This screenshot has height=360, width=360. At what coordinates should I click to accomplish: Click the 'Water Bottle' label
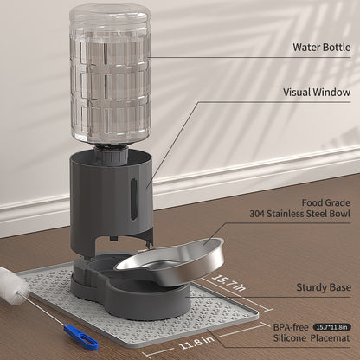322,47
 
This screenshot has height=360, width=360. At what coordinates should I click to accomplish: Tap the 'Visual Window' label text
317,93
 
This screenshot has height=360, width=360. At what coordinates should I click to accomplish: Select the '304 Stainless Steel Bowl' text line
300,214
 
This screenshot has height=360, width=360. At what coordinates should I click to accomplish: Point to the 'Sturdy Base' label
324,287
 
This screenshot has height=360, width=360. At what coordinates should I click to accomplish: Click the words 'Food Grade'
326,202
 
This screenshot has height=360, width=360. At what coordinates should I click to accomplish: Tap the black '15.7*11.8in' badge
332,327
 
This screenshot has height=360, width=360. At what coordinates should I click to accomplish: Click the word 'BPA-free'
291,327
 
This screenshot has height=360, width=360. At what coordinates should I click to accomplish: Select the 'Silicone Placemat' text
312,338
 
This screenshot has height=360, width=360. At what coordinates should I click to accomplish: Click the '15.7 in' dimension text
228,283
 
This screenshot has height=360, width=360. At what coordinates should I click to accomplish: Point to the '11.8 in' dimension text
197,343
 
